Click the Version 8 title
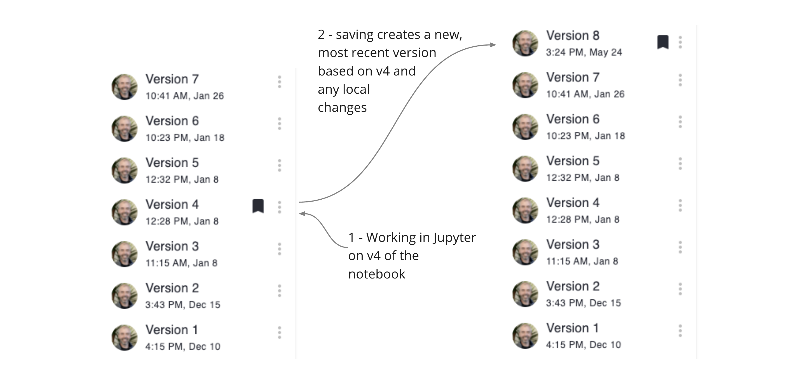tap(573, 36)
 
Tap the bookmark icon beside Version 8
tap(663, 42)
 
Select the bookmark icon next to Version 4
tap(258, 206)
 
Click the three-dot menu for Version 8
tap(680, 42)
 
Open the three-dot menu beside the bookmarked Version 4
tap(279, 207)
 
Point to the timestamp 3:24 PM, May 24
tap(584, 52)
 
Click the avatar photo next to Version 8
tap(525, 43)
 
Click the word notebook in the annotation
tap(377, 274)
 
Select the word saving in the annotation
tap(355, 34)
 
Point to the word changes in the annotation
tap(342, 108)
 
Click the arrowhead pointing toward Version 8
tap(493, 45)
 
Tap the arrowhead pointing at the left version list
tap(302, 214)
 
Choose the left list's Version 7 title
tap(172, 79)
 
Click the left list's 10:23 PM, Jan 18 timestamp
tap(185, 138)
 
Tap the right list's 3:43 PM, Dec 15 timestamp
tap(583, 303)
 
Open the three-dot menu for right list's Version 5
tap(680, 164)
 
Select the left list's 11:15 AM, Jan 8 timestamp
tap(181, 263)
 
